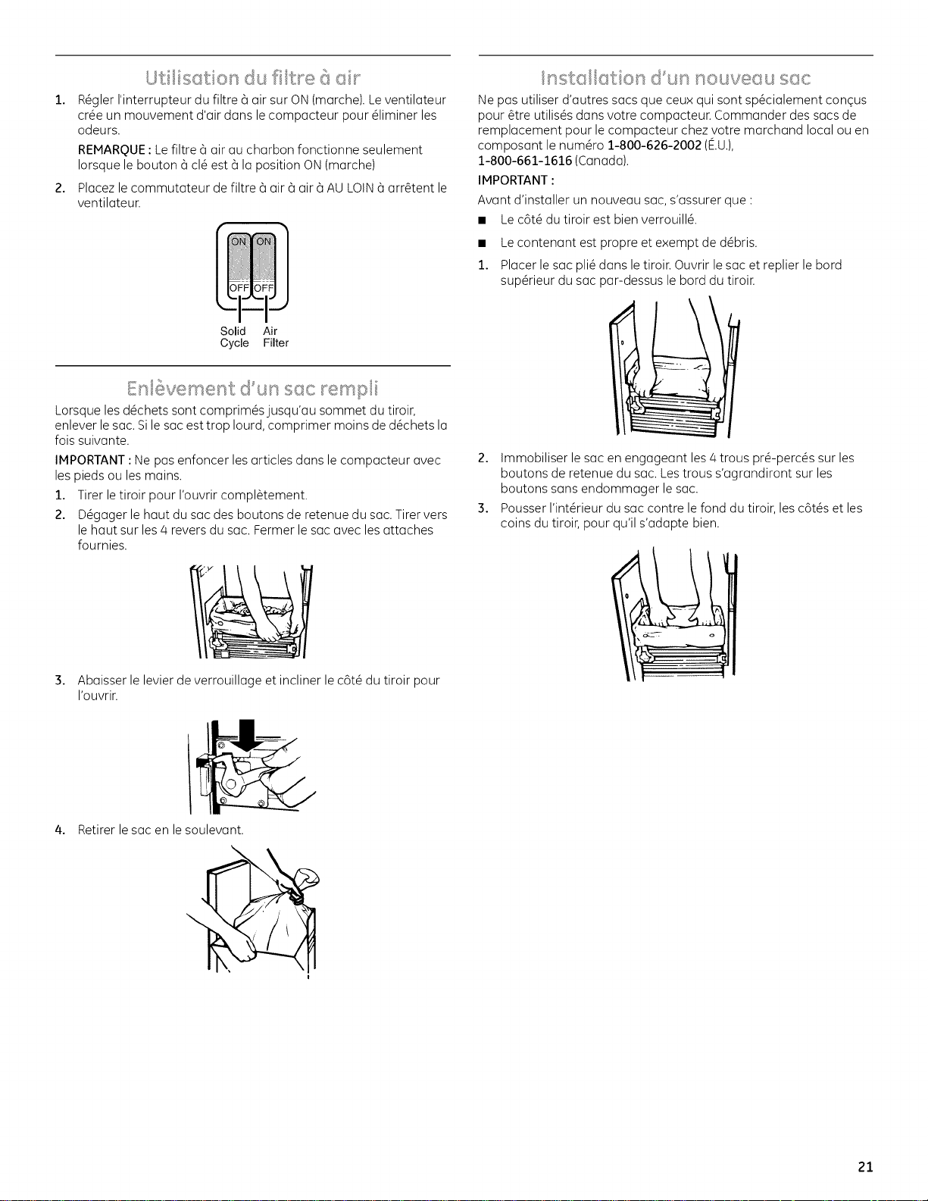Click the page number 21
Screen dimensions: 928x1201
click(866, 1167)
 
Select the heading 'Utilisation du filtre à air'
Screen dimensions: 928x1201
click(253, 77)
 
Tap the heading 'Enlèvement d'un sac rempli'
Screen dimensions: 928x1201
click(252, 389)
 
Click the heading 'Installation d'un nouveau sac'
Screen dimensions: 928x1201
click(676, 77)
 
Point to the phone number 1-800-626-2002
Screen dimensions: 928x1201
click(654, 145)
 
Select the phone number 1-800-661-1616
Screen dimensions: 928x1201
click(525, 161)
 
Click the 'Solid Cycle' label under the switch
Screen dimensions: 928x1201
click(234, 337)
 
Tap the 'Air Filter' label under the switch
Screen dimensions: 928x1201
click(276, 337)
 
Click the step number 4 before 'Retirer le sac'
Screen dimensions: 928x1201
click(60, 830)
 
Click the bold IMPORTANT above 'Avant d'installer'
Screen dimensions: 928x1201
click(513, 181)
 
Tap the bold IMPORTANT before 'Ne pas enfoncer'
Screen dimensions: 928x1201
click(90, 461)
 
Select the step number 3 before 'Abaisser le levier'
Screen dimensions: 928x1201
click(60, 680)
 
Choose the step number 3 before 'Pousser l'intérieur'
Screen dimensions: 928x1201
click(483, 508)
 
